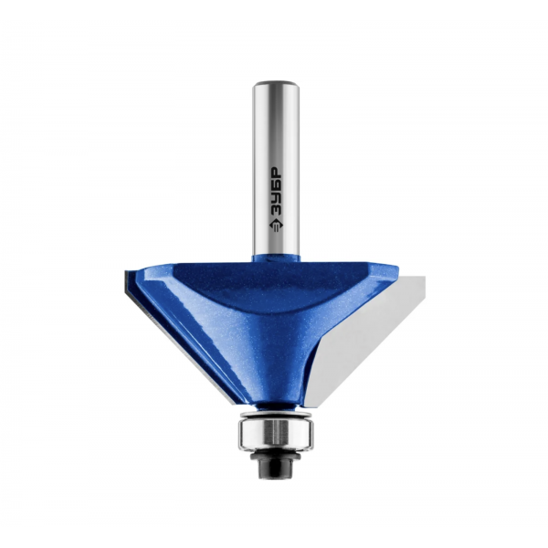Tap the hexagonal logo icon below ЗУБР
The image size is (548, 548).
(276, 226)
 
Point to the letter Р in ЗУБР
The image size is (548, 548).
(276, 172)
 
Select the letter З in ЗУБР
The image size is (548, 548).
(276, 211)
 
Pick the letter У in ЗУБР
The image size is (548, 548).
(276, 198)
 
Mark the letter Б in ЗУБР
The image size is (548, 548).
(276, 185)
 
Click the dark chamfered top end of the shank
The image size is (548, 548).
(276, 84)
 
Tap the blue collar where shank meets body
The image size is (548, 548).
(276, 258)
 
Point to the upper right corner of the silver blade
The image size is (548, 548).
(425, 277)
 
